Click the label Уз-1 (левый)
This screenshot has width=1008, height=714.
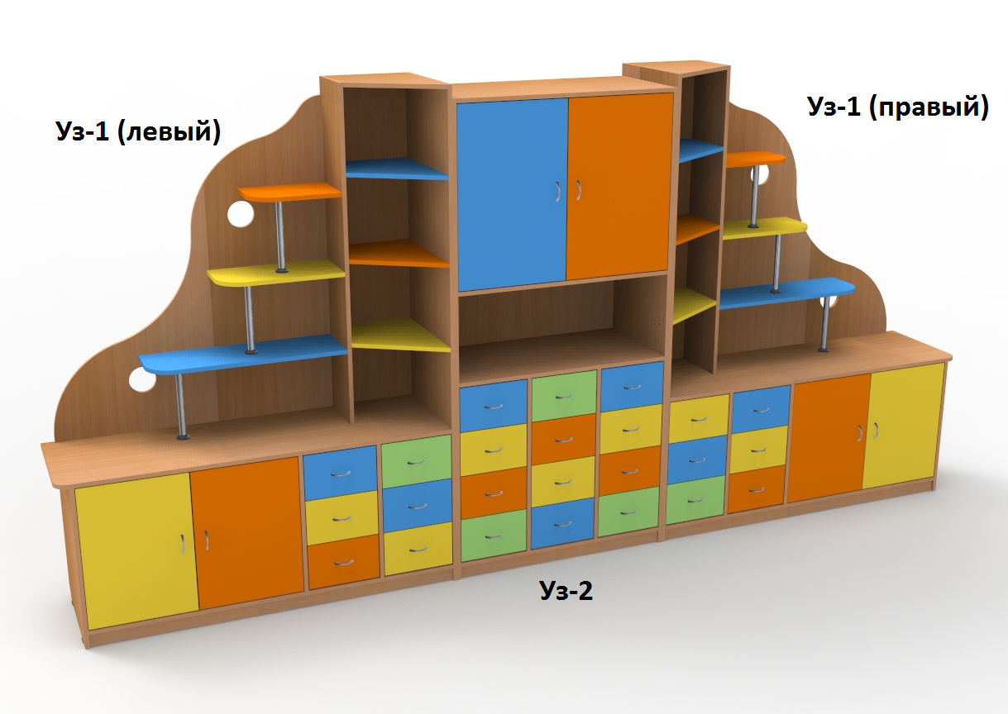138,131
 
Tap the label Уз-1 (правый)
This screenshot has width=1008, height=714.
897,107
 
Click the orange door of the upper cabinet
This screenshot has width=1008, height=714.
619,186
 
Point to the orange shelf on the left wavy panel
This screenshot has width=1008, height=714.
289,193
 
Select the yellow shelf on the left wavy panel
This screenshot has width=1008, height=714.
275,274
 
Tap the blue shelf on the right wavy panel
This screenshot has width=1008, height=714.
786,293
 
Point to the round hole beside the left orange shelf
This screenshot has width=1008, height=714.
240,215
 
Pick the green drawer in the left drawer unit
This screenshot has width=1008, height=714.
416,460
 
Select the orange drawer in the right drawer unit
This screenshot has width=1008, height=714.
756,487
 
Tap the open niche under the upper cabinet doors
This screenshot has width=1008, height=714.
562,322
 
